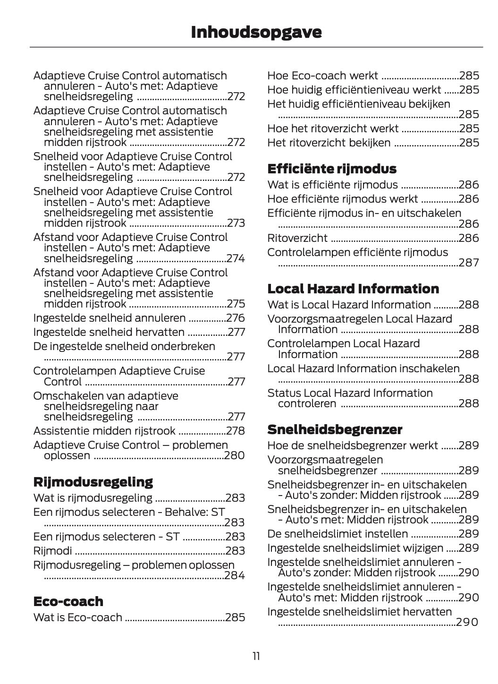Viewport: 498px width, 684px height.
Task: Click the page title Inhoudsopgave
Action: pyautogui.click(x=256, y=32)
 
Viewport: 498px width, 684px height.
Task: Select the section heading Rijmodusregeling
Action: pyautogui.click(x=93, y=482)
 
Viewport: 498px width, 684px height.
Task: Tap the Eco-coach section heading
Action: pyautogui.click(x=68, y=601)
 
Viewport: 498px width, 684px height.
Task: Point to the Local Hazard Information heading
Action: pyautogui.click(x=353, y=289)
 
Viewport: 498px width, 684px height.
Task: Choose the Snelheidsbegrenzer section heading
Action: pyautogui.click(x=334, y=429)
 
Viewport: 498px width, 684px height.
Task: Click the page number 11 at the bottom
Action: pyautogui.click(x=256, y=656)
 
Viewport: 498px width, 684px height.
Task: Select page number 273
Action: pyautogui.click(x=236, y=223)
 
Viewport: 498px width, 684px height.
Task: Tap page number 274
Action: pyautogui.click(x=236, y=258)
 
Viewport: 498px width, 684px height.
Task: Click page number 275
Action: pyautogui.click(x=236, y=304)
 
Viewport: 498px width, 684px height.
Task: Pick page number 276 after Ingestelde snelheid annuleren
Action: pyautogui.click(x=236, y=318)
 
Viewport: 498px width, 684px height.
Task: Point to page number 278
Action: pyautogui.click(x=236, y=431)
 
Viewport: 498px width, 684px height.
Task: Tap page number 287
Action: pyautogui.click(x=468, y=263)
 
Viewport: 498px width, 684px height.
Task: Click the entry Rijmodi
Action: pyautogui.click(x=52, y=551)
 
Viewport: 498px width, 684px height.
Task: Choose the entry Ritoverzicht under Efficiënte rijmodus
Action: pyautogui.click(x=297, y=238)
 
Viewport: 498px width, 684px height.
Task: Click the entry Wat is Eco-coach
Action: pyautogui.click(x=77, y=617)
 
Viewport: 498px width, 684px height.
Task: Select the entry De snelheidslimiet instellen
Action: pyautogui.click(x=337, y=534)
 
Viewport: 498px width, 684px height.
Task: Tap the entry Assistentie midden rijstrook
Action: pyautogui.click(x=104, y=431)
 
